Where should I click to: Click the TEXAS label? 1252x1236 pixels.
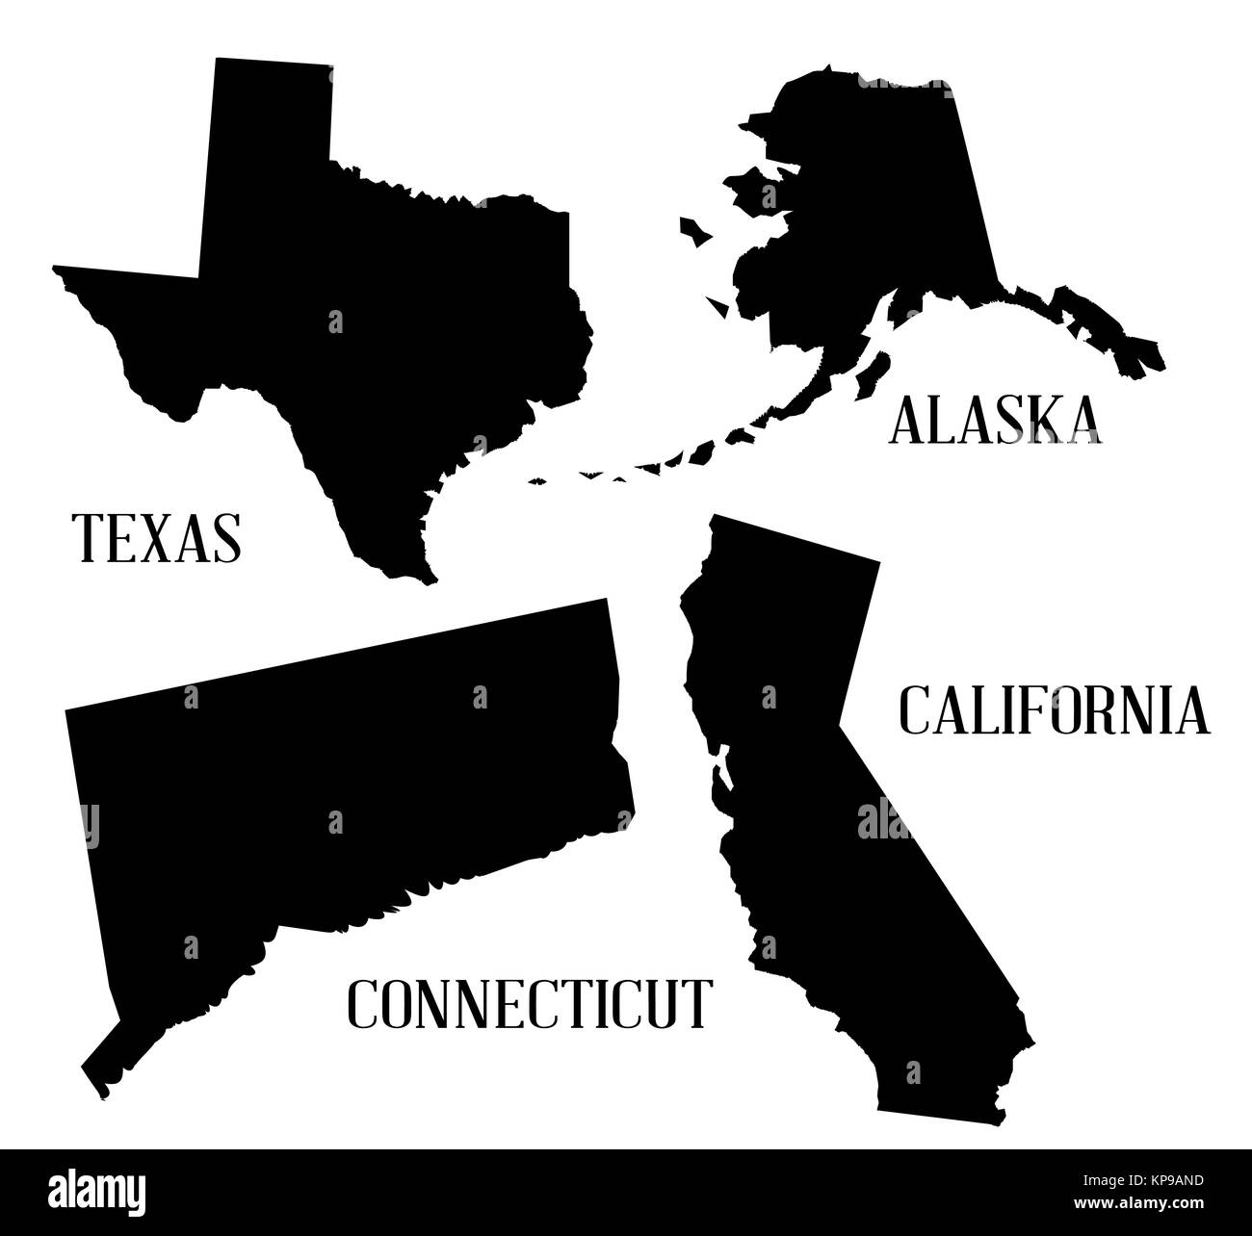[157, 537]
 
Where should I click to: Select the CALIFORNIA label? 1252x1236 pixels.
[1054, 709]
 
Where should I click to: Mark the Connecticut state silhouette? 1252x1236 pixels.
[337, 770]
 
